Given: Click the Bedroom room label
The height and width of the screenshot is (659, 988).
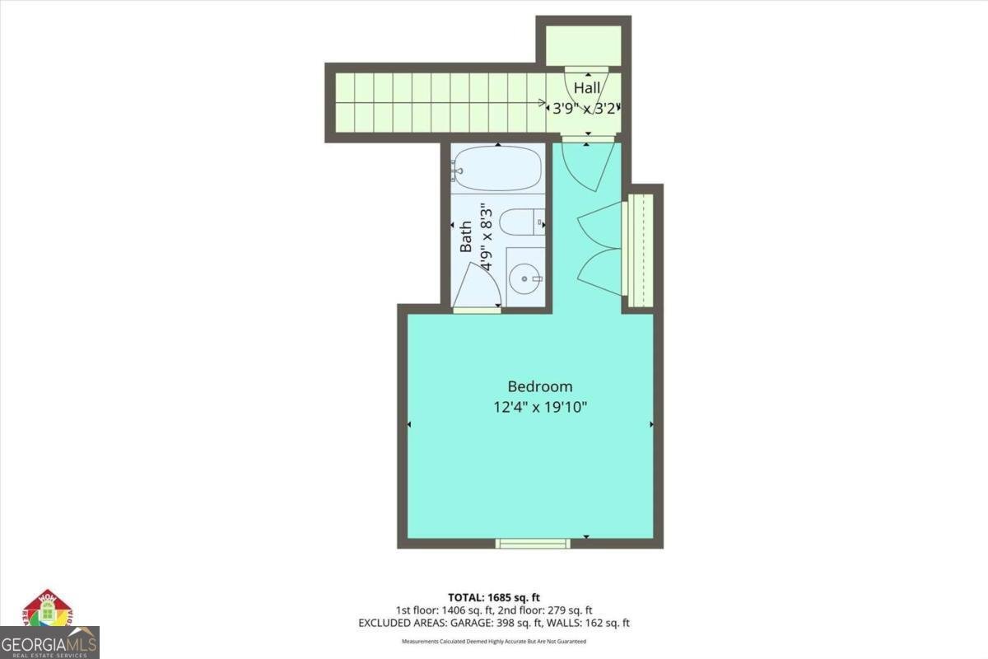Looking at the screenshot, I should tap(539, 386).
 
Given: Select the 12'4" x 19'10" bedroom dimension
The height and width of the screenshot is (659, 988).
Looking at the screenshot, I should tap(539, 407).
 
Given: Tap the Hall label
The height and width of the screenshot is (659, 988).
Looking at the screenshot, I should tap(586, 87).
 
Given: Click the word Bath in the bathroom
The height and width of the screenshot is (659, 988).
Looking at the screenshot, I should tap(466, 236).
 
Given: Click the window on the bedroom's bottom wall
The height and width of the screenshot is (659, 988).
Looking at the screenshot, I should tap(532, 544).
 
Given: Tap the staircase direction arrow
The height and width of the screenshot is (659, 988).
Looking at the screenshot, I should tap(543, 104).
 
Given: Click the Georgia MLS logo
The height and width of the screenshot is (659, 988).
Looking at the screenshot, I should tap(49, 630).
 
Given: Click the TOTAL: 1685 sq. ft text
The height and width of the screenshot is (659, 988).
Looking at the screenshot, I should tap(493, 597).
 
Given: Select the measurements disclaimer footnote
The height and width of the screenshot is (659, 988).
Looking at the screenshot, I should tap(493, 641).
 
